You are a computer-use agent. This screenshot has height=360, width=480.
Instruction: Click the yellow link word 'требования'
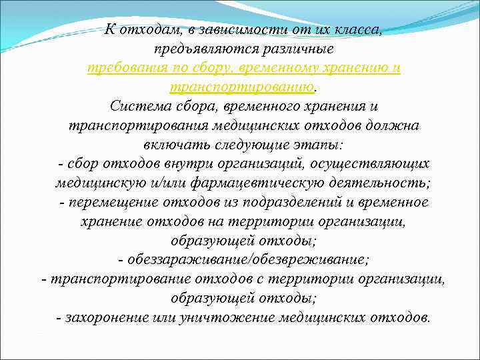125,69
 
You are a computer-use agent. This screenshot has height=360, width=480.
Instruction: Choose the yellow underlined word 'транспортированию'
241,88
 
